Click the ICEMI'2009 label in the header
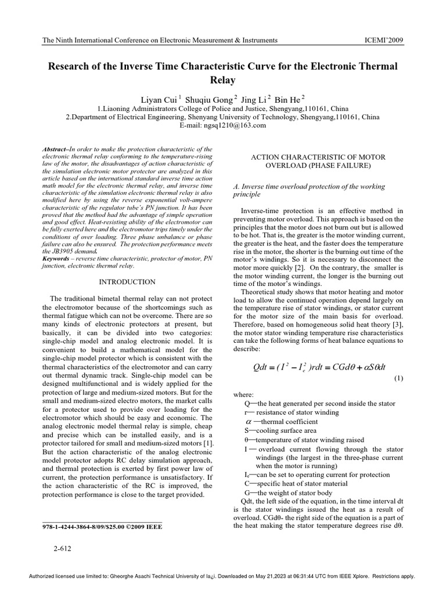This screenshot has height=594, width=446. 383,40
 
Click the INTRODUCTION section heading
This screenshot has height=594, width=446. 127,282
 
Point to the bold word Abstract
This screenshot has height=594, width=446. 56,150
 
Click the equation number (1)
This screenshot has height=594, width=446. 398,378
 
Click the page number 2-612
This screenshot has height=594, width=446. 62,548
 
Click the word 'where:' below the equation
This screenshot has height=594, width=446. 243,394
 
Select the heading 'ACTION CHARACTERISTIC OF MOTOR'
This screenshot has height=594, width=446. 318,157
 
